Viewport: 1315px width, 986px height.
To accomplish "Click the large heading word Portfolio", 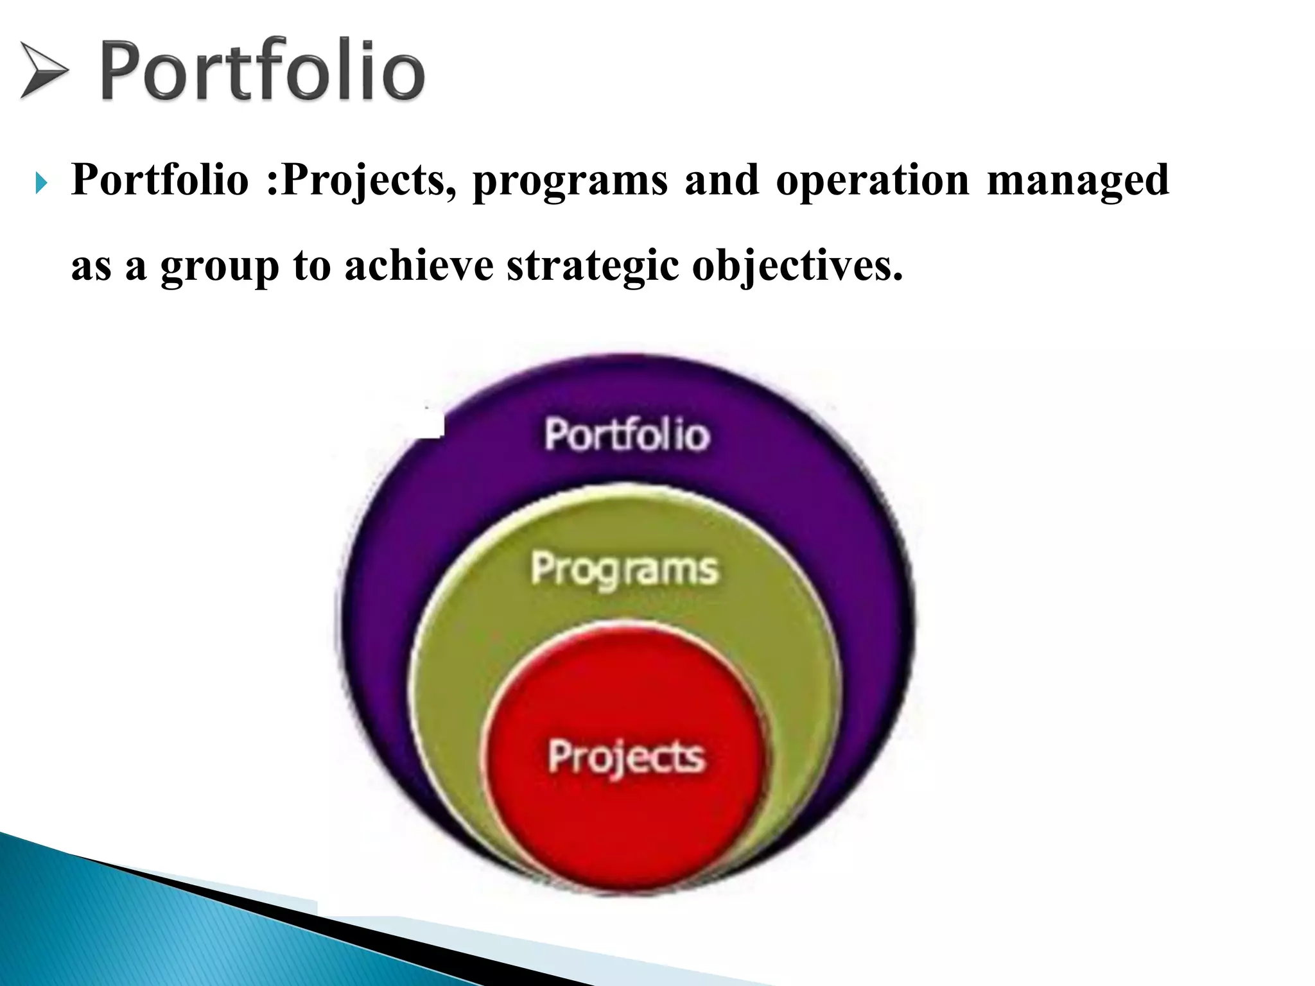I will click(262, 71).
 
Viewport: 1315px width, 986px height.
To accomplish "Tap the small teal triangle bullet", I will click(41, 185).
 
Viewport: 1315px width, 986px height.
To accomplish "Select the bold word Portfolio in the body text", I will click(160, 180).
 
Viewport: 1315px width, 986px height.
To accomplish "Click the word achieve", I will click(419, 266).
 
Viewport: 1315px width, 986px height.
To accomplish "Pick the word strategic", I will click(592, 267).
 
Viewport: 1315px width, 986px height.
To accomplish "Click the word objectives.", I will click(796, 267).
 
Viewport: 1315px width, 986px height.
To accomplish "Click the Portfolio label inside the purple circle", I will click(627, 435).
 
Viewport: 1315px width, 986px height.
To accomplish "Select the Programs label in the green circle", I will click(624, 570).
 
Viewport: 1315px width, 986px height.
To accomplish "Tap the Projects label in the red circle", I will click(626, 757).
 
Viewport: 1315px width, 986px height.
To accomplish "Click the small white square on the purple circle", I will click(431, 424).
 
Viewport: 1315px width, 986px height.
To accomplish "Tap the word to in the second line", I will click(311, 267).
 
